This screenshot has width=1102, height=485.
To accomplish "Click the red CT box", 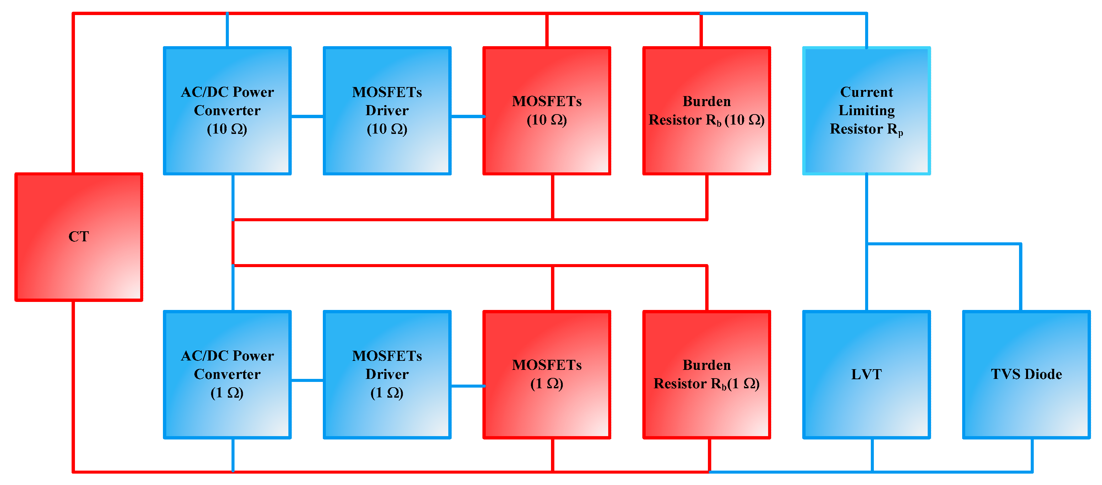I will [x=79, y=237].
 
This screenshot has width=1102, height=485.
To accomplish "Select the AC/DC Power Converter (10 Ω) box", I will [x=227, y=110].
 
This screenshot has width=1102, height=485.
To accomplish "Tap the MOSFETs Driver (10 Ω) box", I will [x=387, y=110].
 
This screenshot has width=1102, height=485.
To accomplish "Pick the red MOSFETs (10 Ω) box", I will [x=546, y=110].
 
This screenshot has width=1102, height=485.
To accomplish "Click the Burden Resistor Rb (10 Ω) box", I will [x=706, y=110].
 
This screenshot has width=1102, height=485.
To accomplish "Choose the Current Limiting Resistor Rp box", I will [x=866, y=110].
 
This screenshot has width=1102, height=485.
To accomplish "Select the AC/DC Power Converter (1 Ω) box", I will [x=227, y=374].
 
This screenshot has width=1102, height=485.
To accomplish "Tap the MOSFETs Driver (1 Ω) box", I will [x=387, y=374].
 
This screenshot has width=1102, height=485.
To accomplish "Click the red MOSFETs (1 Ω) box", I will [x=546, y=374].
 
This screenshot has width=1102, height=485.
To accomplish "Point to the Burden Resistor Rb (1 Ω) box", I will [x=706, y=374].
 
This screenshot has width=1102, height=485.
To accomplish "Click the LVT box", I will [x=866, y=374].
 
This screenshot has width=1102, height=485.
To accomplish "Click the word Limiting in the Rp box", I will [x=866, y=110].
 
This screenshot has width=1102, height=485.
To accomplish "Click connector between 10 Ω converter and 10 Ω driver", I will [x=307, y=116].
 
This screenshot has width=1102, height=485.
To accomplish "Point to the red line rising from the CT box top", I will [x=73, y=94].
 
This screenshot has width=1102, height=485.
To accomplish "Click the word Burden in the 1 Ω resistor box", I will [x=706, y=365].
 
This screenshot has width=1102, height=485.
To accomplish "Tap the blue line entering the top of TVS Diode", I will [x=1021, y=278].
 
